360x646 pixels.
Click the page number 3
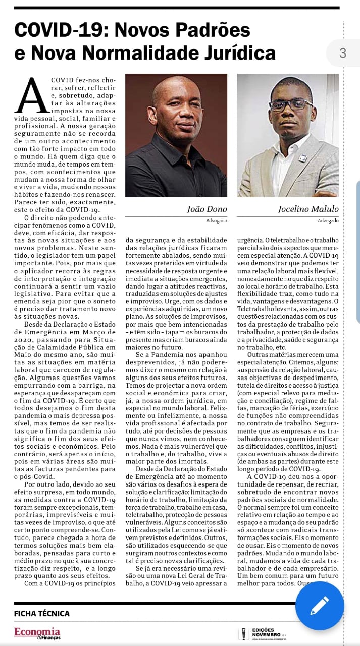tap(343, 53)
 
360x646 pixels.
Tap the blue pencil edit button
tap(319, 606)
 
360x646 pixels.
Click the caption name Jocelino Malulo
tap(308, 209)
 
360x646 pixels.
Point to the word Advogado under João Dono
tap(217, 221)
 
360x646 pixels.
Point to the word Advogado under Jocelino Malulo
tap(328, 221)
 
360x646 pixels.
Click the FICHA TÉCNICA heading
tap(42, 614)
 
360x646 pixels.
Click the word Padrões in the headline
tap(213, 31)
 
